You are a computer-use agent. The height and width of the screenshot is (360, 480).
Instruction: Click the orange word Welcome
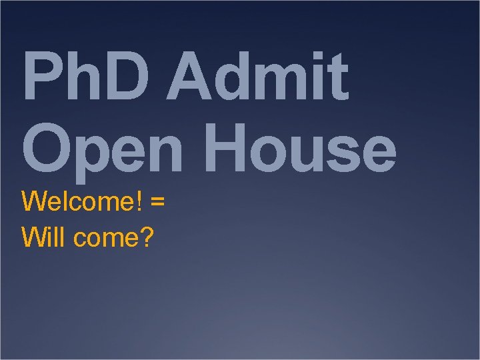[77, 201]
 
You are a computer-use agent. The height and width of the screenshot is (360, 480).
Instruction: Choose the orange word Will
[43, 237]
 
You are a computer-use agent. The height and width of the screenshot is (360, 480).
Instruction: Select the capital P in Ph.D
[41, 78]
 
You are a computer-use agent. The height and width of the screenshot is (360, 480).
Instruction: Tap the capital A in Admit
[189, 78]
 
